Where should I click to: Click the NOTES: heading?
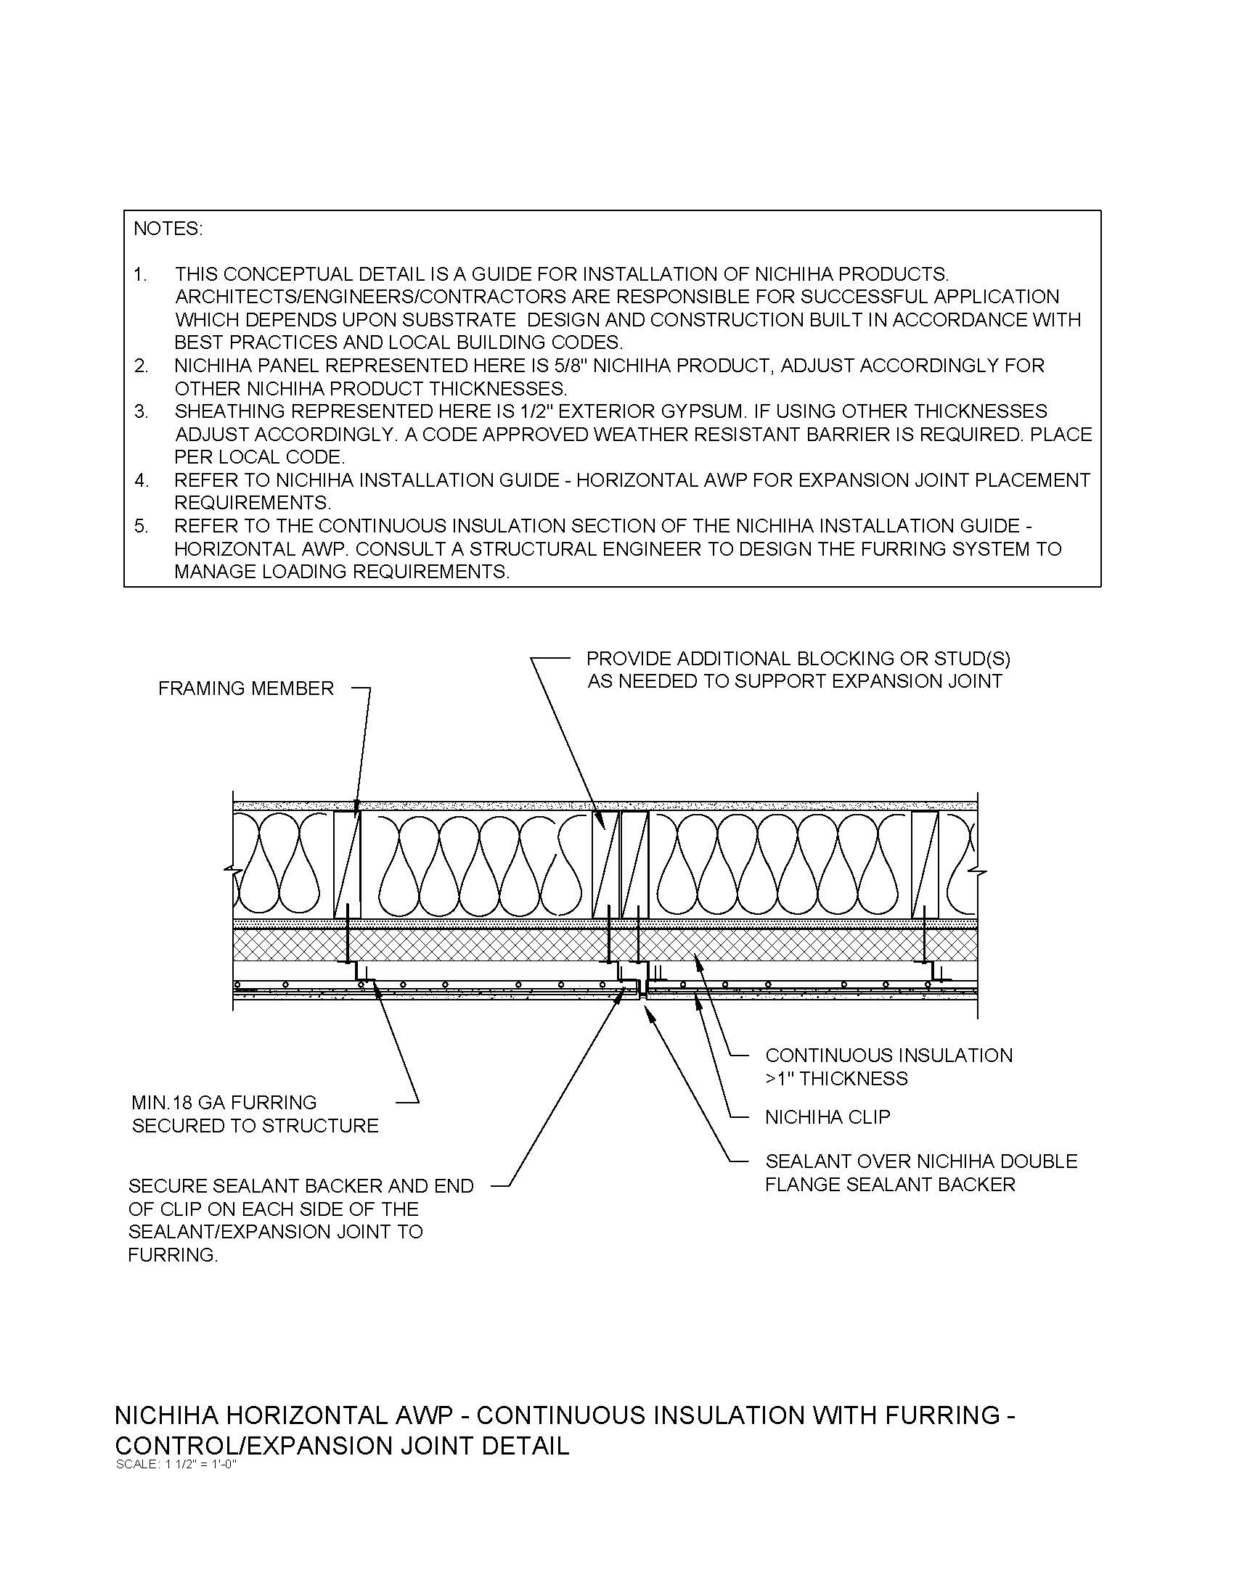(x=168, y=229)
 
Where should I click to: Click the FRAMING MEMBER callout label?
(x=245, y=688)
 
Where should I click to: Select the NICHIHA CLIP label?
(x=827, y=1116)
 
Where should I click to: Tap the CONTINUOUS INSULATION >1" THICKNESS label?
(x=888, y=1066)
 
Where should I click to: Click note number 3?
(x=140, y=411)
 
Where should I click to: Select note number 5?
(x=140, y=526)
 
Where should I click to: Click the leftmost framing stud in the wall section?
(x=347, y=865)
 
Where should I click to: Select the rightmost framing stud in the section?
(x=925, y=865)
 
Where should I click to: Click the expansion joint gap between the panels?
(x=641, y=990)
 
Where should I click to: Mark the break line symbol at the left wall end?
(x=233, y=871)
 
